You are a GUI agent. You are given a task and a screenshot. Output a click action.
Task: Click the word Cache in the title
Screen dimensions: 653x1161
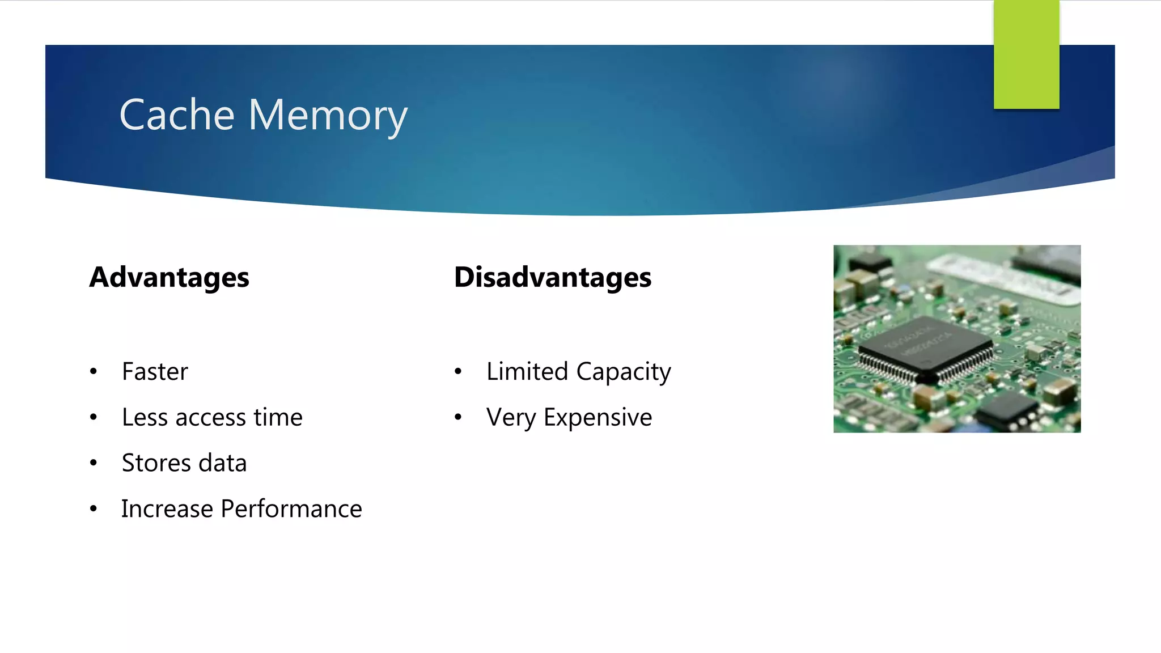(x=177, y=115)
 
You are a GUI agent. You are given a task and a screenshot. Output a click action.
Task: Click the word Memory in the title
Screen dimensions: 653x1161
(x=328, y=116)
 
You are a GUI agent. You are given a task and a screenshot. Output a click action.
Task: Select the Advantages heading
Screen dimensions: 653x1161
(x=169, y=277)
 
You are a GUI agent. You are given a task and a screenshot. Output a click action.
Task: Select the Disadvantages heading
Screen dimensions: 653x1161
(x=553, y=277)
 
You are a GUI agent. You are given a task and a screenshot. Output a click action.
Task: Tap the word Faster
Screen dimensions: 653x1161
(x=155, y=372)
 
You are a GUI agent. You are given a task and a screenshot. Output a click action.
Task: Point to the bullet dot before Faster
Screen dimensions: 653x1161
(x=94, y=372)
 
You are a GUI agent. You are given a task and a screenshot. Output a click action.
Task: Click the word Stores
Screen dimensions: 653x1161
(x=156, y=463)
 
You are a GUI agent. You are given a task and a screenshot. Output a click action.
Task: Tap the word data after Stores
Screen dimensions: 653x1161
(x=222, y=463)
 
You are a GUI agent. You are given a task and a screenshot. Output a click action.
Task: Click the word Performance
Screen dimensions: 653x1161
(x=291, y=508)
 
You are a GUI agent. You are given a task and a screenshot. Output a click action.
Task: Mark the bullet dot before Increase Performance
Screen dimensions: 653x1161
(x=94, y=509)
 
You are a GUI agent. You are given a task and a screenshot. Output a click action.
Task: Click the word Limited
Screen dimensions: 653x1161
(x=527, y=372)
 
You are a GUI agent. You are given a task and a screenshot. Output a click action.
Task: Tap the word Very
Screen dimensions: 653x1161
(x=511, y=418)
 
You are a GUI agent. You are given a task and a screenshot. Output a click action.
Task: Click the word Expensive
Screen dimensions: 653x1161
(x=598, y=418)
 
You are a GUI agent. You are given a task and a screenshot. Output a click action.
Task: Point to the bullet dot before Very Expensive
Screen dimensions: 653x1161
(x=458, y=418)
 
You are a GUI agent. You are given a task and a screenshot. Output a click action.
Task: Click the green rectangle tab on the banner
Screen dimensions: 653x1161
(x=1026, y=54)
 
